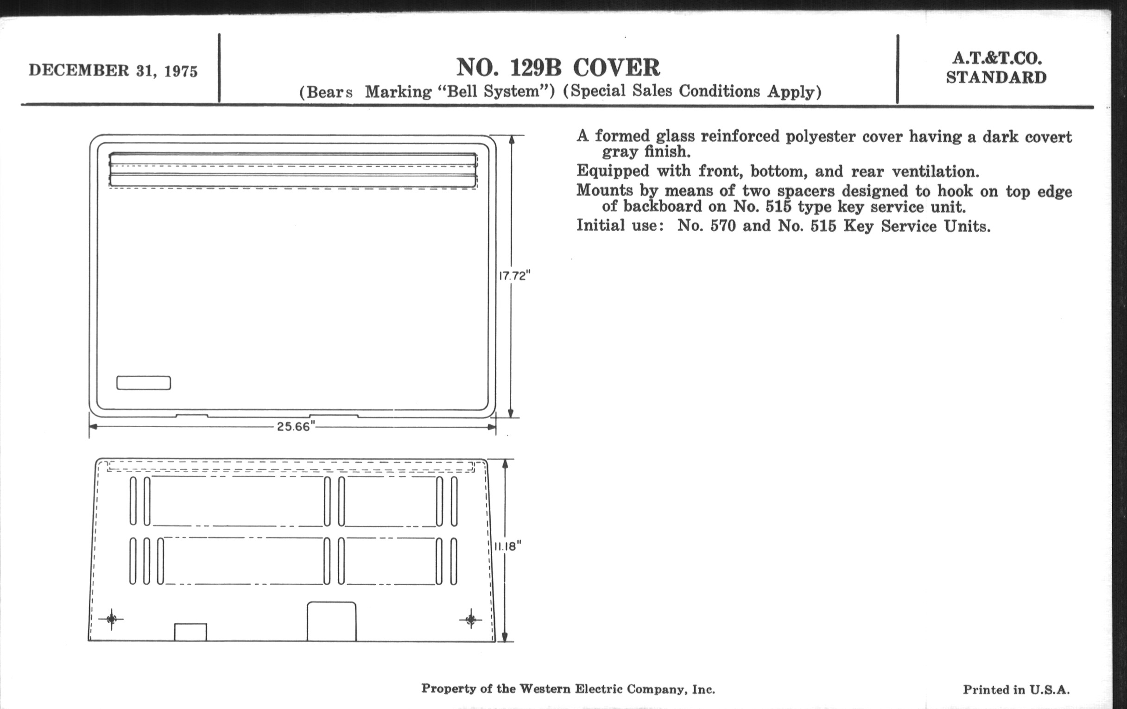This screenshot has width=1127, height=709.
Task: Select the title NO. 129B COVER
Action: [x=558, y=67]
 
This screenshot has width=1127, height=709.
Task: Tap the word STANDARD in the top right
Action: [x=996, y=78]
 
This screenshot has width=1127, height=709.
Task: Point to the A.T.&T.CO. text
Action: [x=997, y=58]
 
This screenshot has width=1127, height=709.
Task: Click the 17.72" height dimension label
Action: [x=514, y=276]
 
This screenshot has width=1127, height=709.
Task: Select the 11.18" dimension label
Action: [x=508, y=546]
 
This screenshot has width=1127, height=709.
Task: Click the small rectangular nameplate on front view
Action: [x=144, y=383]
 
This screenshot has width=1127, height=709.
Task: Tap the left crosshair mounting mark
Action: [x=111, y=619]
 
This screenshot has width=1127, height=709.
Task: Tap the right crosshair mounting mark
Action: [x=471, y=620]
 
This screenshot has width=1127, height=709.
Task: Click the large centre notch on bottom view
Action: [x=331, y=621]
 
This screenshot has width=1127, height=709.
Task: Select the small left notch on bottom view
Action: [x=190, y=632]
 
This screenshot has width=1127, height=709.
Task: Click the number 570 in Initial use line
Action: [x=722, y=226]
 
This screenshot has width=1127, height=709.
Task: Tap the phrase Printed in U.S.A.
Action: [x=1016, y=690]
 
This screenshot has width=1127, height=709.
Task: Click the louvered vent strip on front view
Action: [x=293, y=170]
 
